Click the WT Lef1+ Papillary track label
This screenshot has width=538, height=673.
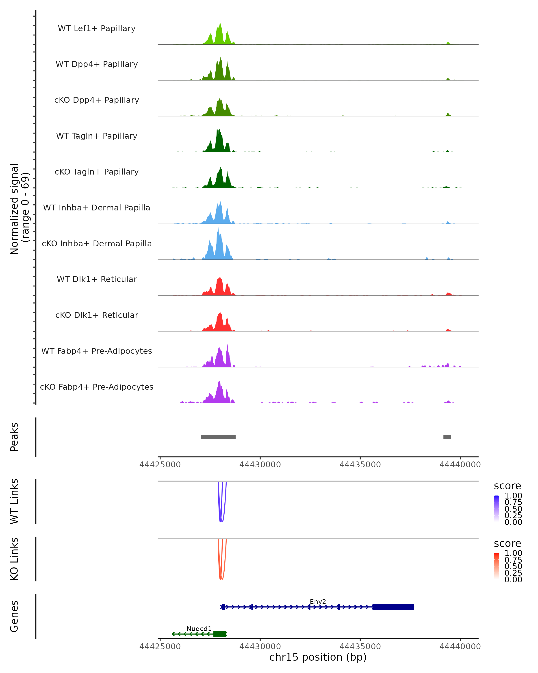97,28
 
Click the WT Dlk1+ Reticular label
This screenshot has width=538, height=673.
97,279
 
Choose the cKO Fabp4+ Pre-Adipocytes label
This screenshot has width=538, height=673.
97,387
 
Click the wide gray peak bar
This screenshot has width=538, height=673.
218,437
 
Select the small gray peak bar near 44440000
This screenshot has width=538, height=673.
447,437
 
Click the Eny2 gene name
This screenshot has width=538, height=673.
318,601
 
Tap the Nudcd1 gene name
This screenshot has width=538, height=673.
199,629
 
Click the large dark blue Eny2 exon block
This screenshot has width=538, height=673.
393,607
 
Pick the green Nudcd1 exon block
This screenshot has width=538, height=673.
220,634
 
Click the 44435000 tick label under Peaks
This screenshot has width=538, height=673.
360,465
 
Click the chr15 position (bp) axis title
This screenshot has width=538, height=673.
318,657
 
